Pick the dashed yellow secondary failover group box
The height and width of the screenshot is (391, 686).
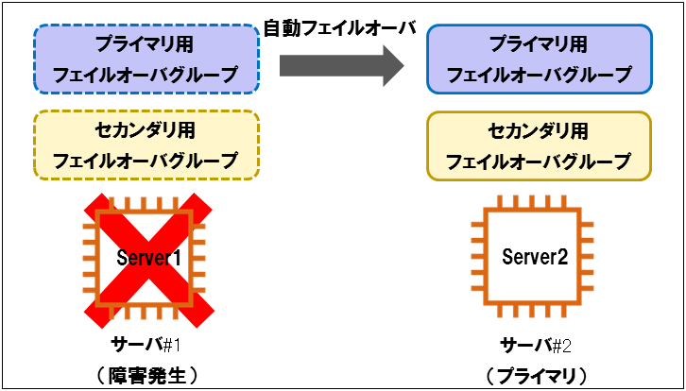tap(146, 145)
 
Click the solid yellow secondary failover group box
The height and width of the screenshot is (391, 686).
tap(539, 145)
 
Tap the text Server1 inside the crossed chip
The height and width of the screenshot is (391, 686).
tap(147, 257)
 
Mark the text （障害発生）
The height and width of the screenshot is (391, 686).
tap(146, 375)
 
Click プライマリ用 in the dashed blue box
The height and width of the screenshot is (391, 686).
tap(146, 44)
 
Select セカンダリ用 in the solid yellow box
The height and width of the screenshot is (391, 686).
tap(539, 131)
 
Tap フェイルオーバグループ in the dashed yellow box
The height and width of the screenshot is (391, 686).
tap(146, 161)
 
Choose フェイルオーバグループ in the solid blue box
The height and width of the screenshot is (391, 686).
tap(539, 74)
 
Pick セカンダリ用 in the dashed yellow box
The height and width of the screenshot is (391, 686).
tap(146, 130)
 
